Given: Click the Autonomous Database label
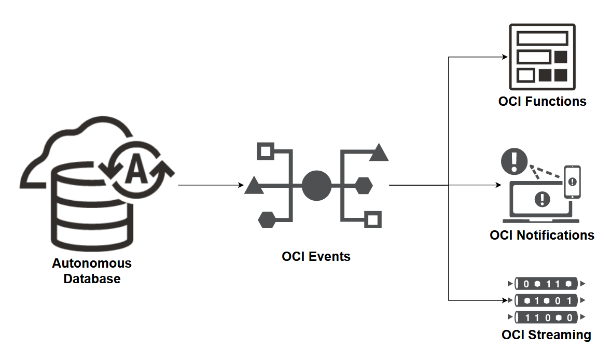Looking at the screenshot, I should tap(92, 271).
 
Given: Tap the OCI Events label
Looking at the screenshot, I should tap(316, 256).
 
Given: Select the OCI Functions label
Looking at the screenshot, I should tap(542, 101).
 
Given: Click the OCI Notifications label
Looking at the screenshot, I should tap(542, 235).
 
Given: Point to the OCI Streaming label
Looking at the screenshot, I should tap(546, 335).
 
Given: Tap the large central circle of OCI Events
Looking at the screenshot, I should tap(316, 186).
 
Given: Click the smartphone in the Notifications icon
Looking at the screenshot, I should tap(572, 182).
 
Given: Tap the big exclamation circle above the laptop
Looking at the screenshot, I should tap(514, 161).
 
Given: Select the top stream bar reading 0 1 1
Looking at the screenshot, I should tap(546, 284).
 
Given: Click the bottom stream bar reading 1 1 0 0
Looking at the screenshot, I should tap(546, 317).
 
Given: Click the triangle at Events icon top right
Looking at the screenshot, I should tap(379, 153).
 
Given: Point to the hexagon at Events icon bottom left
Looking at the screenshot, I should tap(266, 219).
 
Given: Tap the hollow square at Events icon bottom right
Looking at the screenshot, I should tap(372, 219).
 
